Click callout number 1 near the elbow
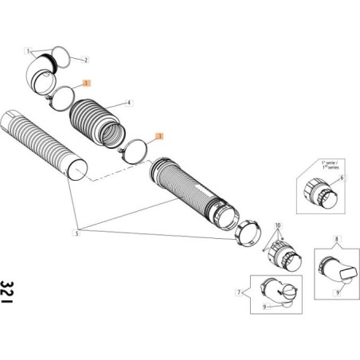(29, 50)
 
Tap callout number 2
(86, 61)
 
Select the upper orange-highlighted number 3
(88, 82)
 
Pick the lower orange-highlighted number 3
(158, 136)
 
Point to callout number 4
(131, 104)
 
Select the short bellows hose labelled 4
(100, 120)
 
